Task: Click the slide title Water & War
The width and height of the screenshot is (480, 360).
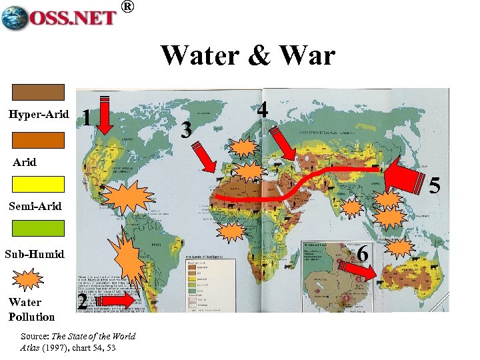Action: [x=247, y=55]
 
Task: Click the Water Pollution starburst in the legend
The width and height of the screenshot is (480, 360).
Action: [x=29, y=279]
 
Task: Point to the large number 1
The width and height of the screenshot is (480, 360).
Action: [x=85, y=118]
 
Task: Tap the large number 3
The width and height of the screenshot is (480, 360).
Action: [x=187, y=129]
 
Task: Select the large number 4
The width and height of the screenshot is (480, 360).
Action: [x=263, y=110]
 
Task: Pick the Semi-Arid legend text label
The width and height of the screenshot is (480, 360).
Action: [x=35, y=206]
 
